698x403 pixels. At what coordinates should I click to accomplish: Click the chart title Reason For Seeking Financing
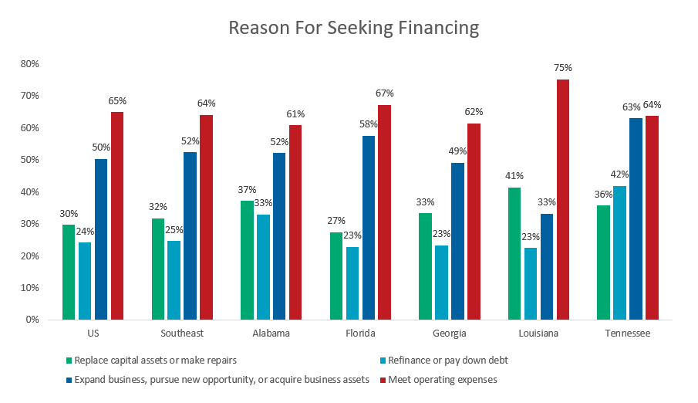354,29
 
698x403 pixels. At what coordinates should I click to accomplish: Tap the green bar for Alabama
247,260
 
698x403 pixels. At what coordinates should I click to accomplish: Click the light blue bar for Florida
352,283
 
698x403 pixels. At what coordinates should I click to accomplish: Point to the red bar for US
117,215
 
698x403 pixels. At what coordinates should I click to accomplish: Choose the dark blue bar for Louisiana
546,266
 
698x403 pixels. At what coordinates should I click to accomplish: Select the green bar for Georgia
425,266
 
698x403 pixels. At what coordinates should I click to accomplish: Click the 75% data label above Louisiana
562,68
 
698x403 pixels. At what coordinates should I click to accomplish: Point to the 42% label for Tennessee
619,174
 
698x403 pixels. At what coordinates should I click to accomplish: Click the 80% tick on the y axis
30,63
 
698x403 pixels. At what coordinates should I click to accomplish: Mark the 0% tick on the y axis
32,319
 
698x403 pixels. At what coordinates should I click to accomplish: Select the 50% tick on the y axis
30,159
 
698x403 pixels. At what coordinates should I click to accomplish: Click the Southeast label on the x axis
182,334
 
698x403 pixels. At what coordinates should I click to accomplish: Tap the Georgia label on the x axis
450,334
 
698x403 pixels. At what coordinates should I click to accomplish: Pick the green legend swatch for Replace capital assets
69,360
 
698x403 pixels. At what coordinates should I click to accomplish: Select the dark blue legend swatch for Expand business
69,379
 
